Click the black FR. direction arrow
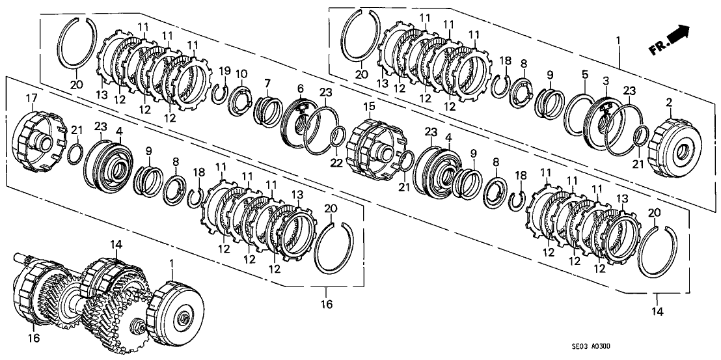(677, 37)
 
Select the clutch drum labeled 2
(674, 148)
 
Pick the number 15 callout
(369, 107)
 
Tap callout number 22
(336, 162)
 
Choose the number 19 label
(224, 71)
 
